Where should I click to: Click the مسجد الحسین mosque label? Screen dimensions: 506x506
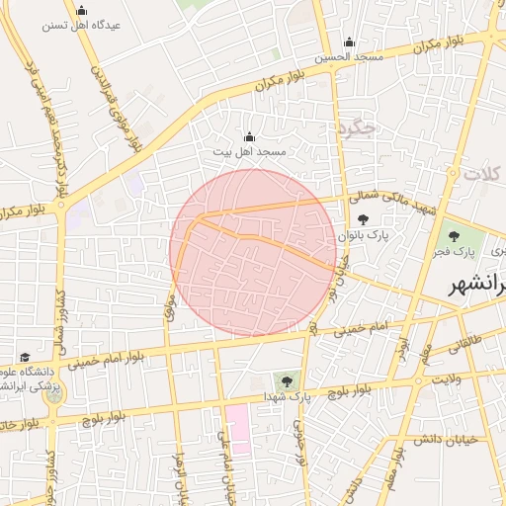coord(349,57)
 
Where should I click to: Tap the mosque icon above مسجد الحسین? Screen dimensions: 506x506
coord(349,42)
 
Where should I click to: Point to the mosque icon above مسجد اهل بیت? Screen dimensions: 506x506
coord(248,137)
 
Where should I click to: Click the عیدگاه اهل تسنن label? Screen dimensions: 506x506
coord(81,26)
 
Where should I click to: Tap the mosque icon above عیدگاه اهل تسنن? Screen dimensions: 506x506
coord(81,11)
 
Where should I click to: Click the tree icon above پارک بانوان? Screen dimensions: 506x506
coord(364,220)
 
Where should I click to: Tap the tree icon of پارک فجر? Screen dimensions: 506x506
coord(454,236)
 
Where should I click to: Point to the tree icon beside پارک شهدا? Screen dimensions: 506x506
coord(288,379)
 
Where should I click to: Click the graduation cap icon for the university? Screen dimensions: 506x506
coord(25,357)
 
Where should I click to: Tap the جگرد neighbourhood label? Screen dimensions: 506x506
coord(358,129)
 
